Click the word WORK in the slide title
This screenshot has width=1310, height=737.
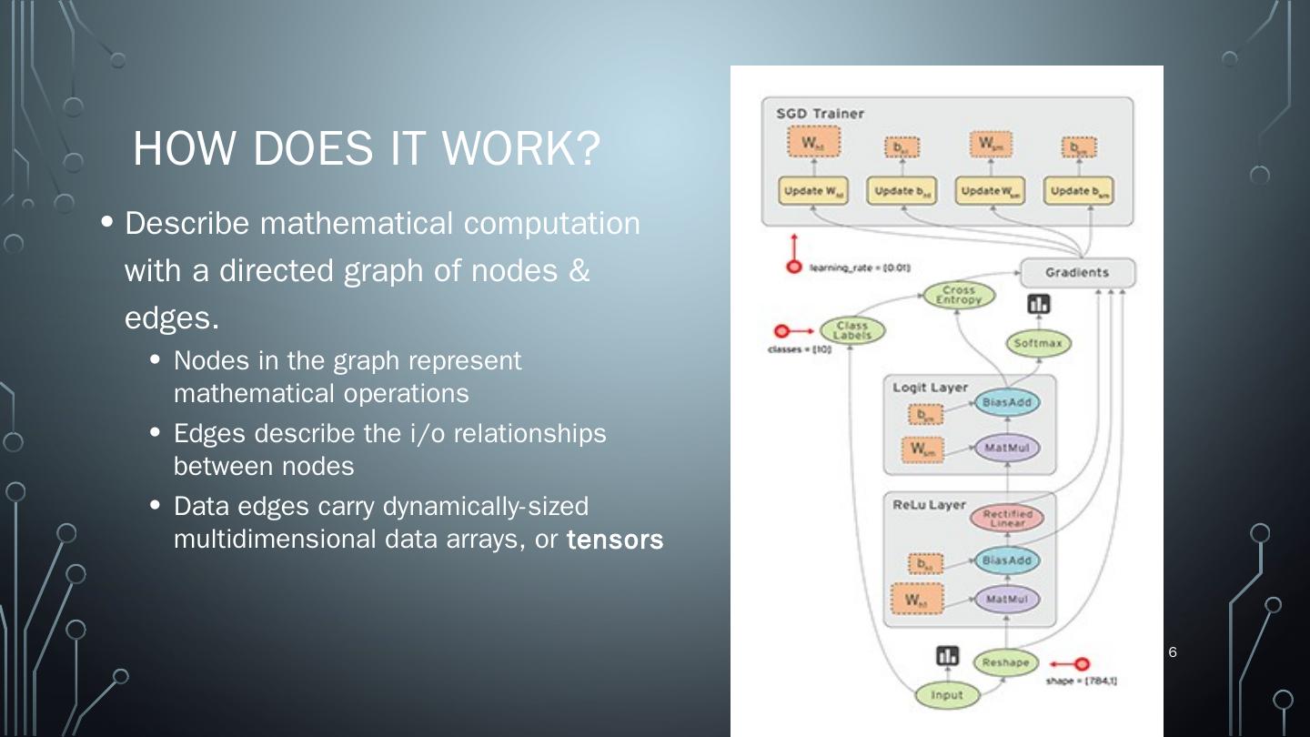[497, 149]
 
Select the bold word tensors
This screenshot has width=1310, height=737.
[615, 540]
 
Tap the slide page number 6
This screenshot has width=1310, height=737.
[1173, 651]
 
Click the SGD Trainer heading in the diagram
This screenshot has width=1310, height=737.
[820, 114]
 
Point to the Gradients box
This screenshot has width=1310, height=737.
[1077, 272]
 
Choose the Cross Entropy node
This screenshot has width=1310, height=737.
[959, 296]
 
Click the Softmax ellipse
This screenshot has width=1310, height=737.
[1038, 344]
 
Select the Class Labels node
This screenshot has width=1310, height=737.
[852, 330]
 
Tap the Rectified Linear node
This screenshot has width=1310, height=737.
[1007, 519]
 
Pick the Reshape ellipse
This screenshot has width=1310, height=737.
[1005, 662]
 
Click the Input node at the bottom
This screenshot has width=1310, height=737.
[947, 695]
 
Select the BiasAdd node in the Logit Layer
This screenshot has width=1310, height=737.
[1006, 402]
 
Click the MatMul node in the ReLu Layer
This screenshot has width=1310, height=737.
[1006, 600]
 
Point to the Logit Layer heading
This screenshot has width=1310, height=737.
[930, 387]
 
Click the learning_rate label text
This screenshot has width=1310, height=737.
[860, 268]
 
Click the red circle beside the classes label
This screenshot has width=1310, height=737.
[780, 330]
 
